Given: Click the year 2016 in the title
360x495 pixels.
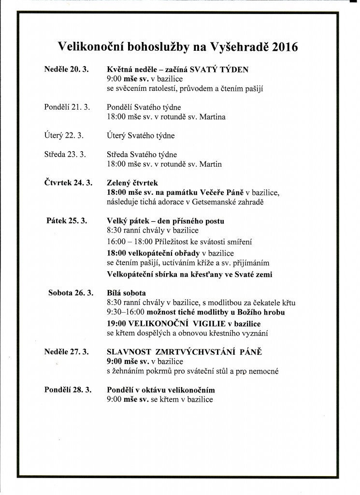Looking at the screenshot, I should (x=285, y=47).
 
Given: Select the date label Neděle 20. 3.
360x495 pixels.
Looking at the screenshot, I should (x=66, y=69).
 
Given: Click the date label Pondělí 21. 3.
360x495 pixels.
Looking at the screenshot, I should (x=67, y=107).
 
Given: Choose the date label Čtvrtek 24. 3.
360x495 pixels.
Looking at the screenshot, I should (x=68, y=183).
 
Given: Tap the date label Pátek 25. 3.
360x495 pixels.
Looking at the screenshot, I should (x=67, y=221).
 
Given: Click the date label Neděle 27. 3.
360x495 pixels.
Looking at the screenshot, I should (x=66, y=351).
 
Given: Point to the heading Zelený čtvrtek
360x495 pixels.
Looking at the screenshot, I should (x=132, y=183).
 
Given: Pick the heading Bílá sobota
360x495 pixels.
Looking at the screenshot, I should (x=126, y=293).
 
